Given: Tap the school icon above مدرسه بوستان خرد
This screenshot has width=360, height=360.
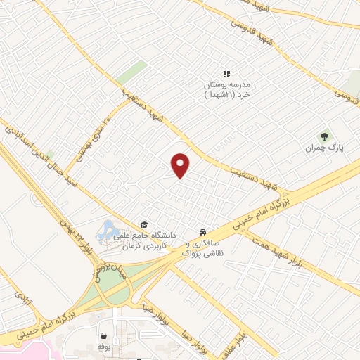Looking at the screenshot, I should pyautogui.click(x=226, y=73).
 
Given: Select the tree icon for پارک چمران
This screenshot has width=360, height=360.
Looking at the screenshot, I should pyautogui.click(x=324, y=137).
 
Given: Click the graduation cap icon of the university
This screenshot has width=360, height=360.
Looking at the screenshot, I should pyautogui.click(x=144, y=225).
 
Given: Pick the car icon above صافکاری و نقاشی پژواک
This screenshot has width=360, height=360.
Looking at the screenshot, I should pyautogui.click(x=202, y=231).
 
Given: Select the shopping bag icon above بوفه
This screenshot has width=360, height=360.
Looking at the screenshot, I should pyautogui.click(x=104, y=335).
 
